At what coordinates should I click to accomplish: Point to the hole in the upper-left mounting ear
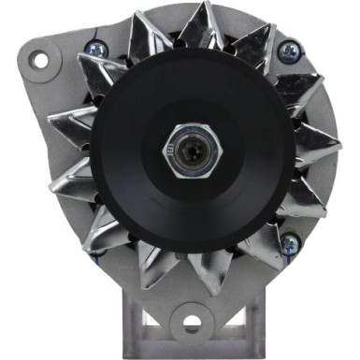(39, 60)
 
